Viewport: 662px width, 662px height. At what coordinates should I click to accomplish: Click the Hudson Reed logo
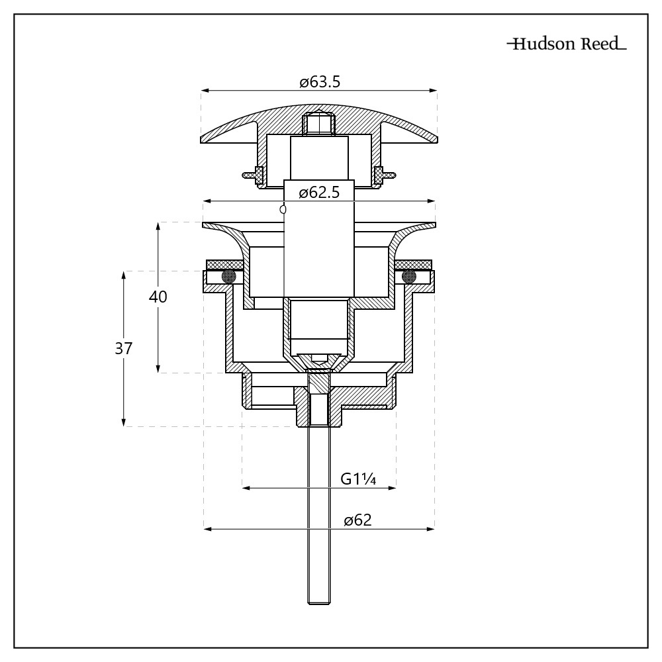point(566,45)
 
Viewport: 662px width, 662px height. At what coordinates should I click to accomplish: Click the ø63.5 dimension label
point(319,83)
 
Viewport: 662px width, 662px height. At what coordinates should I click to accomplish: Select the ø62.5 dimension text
point(319,193)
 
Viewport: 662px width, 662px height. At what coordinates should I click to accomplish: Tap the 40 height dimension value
point(158,297)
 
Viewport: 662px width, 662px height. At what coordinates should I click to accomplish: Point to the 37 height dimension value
point(124,348)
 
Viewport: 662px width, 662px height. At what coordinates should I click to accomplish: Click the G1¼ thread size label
point(358,479)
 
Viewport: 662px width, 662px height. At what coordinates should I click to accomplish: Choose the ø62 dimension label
point(357,520)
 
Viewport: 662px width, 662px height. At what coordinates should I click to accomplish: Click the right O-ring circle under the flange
point(409,275)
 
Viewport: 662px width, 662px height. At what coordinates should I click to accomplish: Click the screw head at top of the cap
point(319,124)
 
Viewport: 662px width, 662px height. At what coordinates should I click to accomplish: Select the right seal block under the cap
point(379,175)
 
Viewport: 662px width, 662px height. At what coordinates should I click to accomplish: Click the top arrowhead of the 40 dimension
point(158,226)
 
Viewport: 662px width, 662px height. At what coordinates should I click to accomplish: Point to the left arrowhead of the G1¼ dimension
point(246,488)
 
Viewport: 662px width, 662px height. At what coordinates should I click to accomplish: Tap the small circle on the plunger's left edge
point(283,209)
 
